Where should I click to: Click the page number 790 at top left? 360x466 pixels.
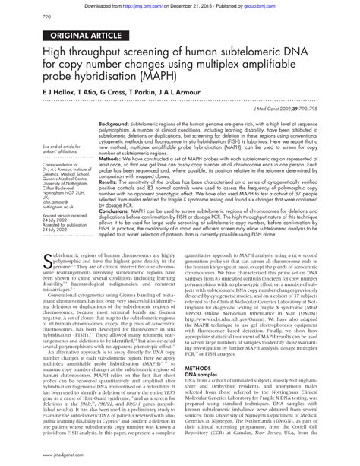24,17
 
